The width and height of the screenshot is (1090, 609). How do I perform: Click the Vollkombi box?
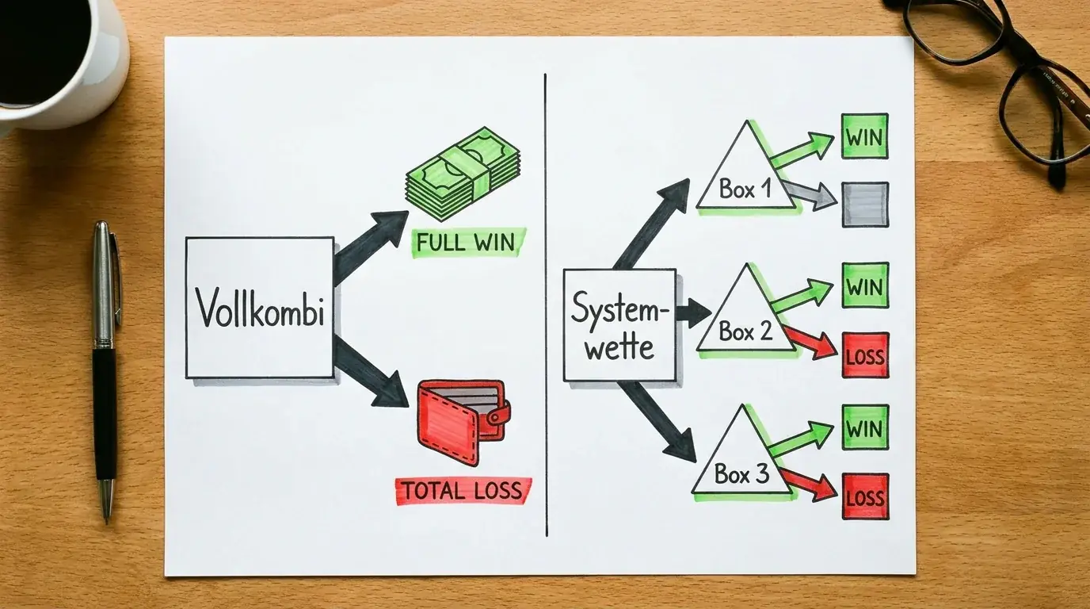click(260, 308)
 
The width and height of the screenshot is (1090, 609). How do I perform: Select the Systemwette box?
click(620, 325)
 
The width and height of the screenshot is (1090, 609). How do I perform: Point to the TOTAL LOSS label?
click(463, 491)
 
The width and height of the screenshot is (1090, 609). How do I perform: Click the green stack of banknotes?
click(463, 174)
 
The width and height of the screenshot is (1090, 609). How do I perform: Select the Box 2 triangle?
click(746, 312)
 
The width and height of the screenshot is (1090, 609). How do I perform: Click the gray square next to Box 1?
click(865, 205)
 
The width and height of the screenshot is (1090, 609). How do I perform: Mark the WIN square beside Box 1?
click(865, 136)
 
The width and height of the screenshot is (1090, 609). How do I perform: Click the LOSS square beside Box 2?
click(866, 355)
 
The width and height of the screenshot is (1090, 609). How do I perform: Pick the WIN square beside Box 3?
click(865, 427)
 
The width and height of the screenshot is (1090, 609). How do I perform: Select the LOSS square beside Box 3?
click(866, 496)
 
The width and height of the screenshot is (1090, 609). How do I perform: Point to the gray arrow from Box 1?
click(810, 195)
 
